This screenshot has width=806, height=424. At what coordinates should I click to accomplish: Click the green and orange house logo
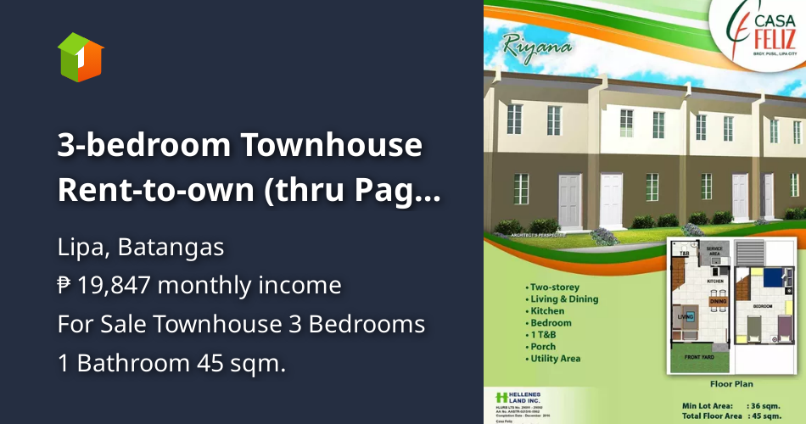[x=81, y=57]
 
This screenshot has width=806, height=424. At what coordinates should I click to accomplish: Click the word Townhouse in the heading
[x=331, y=145]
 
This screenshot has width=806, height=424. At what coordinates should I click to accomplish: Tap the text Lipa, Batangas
[x=141, y=248]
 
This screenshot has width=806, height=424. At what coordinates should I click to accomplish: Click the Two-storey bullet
[x=555, y=287]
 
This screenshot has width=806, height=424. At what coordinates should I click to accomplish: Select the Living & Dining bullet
[x=563, y=298]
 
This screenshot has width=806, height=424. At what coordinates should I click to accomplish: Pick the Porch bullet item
[x=542, y=347]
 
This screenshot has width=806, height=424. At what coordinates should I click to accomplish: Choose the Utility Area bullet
[x=556, y=359]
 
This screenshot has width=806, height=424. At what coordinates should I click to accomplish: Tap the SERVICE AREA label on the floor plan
[x=714, y=250]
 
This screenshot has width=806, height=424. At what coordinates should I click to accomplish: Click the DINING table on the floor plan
[x=718, y=300]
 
